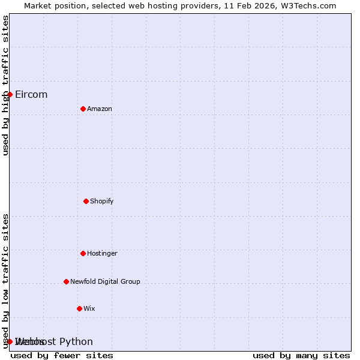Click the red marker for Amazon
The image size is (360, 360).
point(83,109)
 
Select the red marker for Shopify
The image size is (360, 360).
point(86,201)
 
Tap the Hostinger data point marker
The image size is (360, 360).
point(83,253)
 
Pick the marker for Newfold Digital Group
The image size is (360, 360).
point(66,281)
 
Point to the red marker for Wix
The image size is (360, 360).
point(79,308)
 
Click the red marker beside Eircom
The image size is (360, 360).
point(10,94)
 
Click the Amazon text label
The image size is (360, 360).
point(100,109)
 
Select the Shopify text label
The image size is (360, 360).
point(102,201)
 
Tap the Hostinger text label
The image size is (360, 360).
point(102,253)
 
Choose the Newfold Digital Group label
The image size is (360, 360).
point(105,281)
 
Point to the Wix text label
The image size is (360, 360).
point(89,308)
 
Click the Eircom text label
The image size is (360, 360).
point(31,94)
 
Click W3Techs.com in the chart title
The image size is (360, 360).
point(306,5)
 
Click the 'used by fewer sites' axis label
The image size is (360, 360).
point(62,355)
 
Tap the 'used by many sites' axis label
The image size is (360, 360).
point(301,355)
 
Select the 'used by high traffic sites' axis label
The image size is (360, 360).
point(5,85)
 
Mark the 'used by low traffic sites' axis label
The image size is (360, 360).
point(5,281)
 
